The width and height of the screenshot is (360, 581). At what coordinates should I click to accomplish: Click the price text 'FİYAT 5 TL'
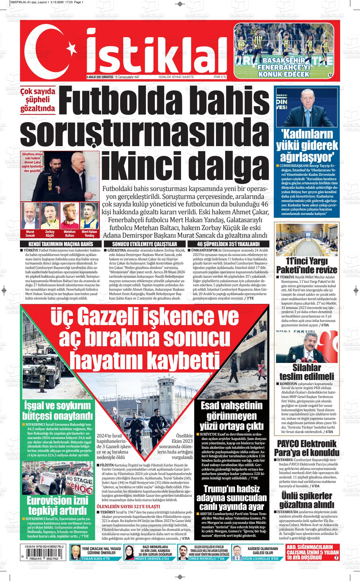pyautogui.click(x=220, y=77)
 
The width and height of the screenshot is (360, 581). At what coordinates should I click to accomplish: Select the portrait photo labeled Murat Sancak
pyautogui.click(x=30, y=216)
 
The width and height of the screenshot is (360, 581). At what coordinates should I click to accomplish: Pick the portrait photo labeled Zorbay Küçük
pyautogui.click(x=50, y=216)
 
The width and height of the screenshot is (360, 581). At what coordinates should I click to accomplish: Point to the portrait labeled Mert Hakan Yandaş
pyautogui.click(x=89, y=216)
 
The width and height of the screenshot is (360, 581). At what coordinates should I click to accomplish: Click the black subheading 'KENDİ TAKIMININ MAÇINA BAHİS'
pyautogui.click(x=61, y=244)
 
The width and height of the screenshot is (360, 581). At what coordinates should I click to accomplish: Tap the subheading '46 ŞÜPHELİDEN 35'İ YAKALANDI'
pyautogui.click(x=228, y=244)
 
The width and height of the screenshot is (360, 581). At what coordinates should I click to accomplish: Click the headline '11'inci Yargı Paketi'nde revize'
pyautogui.click(x=307, y=265)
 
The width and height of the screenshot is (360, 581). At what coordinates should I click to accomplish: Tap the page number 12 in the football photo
pyautogui.click(x=330, y=75)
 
